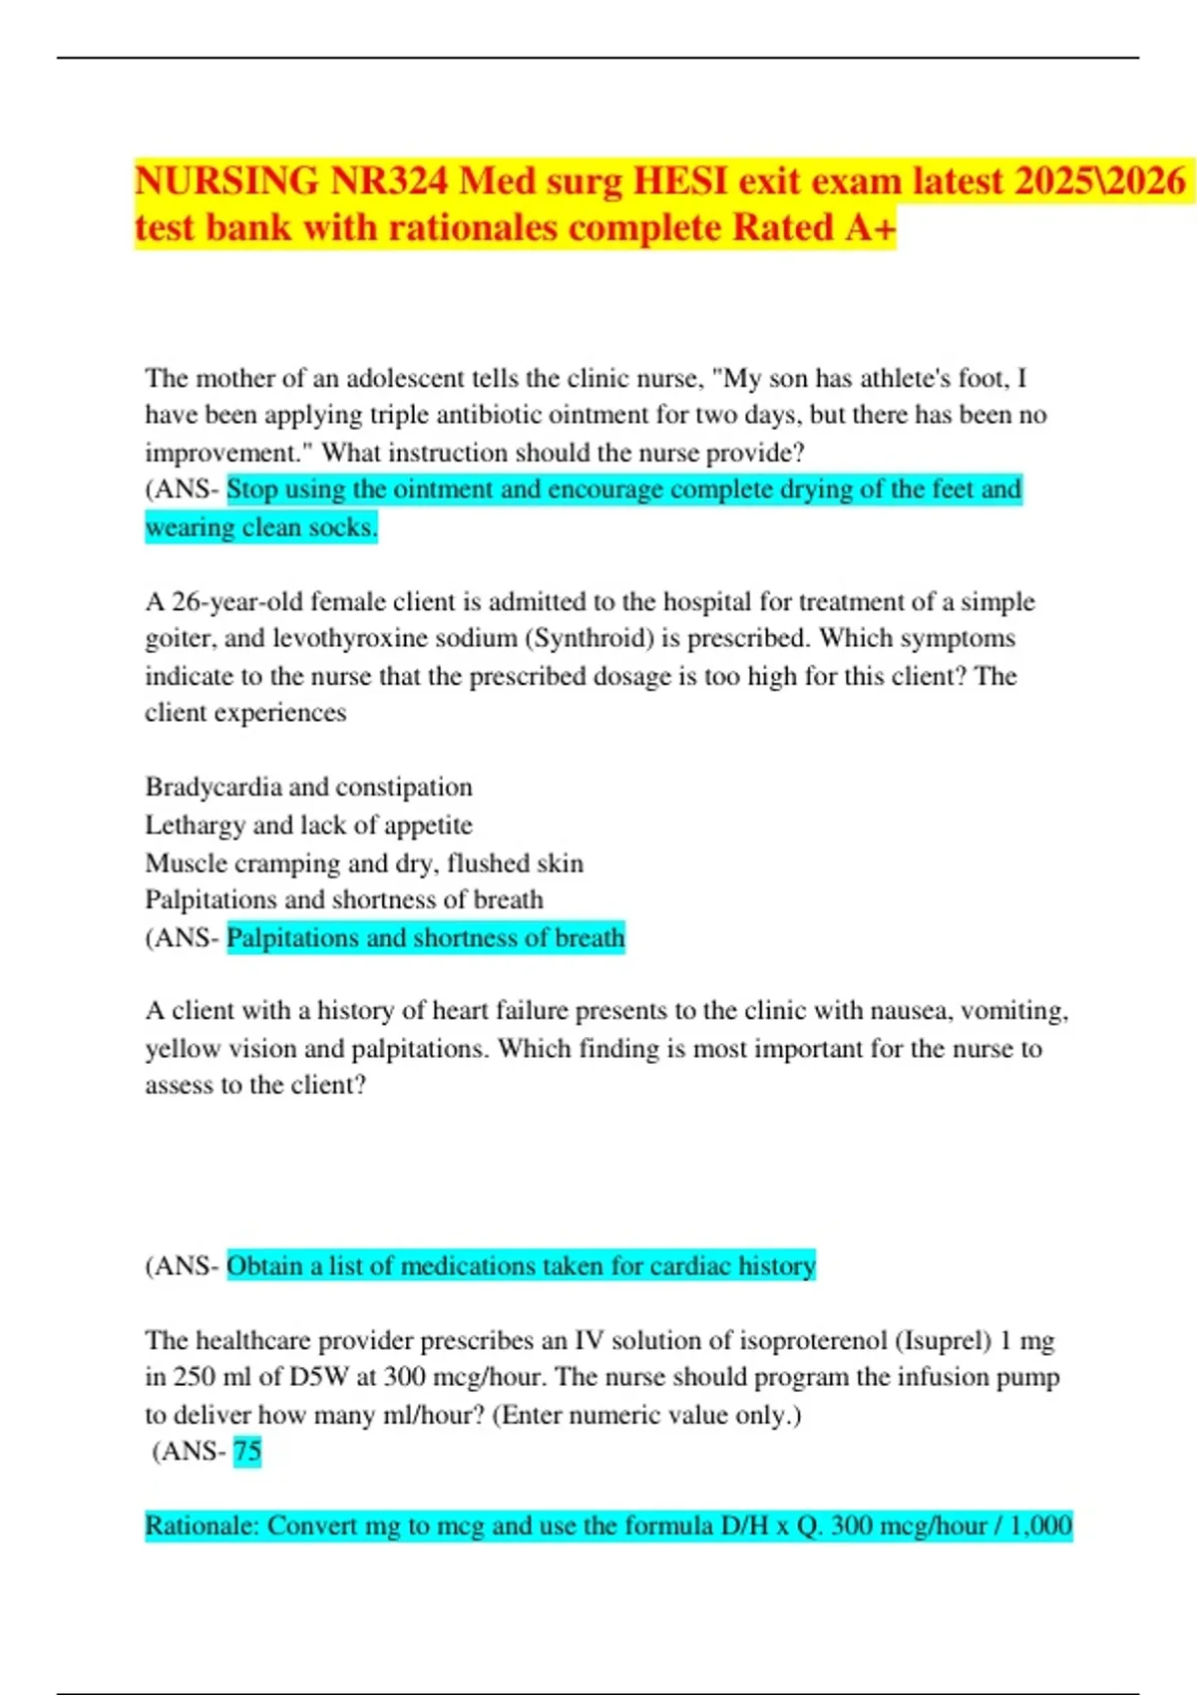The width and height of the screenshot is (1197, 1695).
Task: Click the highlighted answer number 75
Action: coord(247,1451)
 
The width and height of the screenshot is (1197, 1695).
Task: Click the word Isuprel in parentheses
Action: coord(944,1340)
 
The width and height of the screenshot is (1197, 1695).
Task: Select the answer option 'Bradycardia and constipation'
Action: coord(309,787)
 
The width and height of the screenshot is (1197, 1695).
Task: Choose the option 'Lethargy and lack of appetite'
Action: coord(309,825)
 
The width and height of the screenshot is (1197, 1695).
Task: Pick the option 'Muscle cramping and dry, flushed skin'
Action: coord(364,862)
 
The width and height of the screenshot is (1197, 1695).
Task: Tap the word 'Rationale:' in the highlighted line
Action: coord(202,1525)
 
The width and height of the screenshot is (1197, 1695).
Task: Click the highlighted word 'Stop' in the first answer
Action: coord(251,489)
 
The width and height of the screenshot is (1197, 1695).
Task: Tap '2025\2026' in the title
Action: coord(1100,182)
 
